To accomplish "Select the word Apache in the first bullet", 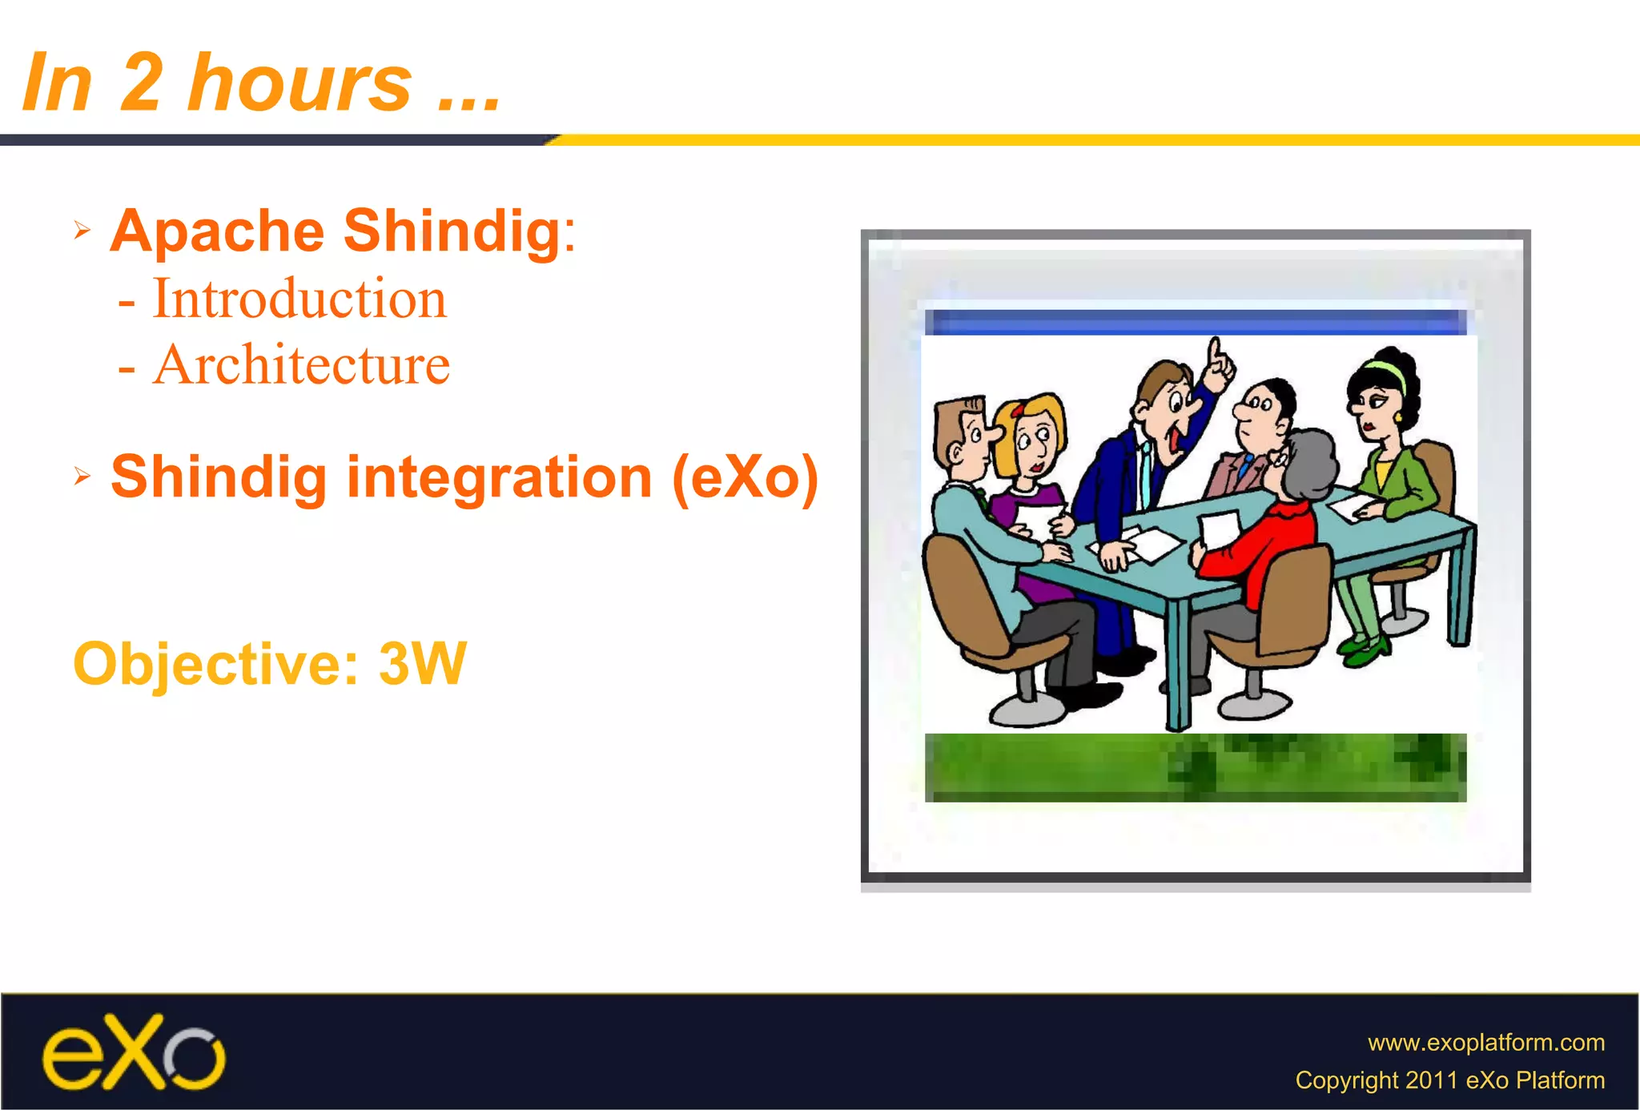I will (217, 231).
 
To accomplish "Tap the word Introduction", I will (299, 299).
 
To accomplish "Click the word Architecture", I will (301, 365).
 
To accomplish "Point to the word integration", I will (499, 477).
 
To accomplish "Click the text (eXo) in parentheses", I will (745, 478).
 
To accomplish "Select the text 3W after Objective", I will (422, 664).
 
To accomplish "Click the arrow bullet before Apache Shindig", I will (82, 231).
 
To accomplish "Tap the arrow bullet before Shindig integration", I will (82, 477).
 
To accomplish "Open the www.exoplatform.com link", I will (1485, 1042).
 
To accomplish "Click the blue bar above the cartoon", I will (1195, 323).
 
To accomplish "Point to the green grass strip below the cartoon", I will (1195, 766).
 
